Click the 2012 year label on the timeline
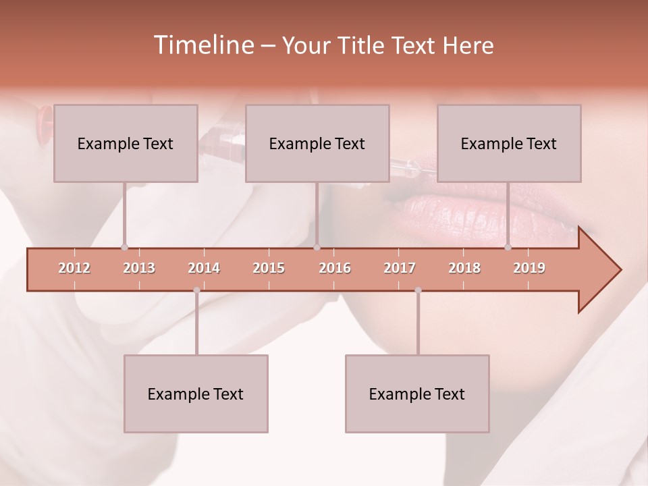(74, 268)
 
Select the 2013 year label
(139, 268)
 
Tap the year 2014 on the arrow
(204, 268)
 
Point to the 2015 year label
(269, 268)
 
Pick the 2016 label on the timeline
(335, 268)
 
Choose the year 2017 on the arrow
(400, 268)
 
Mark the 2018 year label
(464, 268)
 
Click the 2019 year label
(529, 268)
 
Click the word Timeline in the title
(202, 45)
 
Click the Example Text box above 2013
(126, 143)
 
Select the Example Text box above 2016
(317, 143)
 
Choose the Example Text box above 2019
(509, 143)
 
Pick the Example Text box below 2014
(196, 394)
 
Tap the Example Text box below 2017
(417, 394)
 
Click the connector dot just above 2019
(508, 247)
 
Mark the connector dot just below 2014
(196, 290)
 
